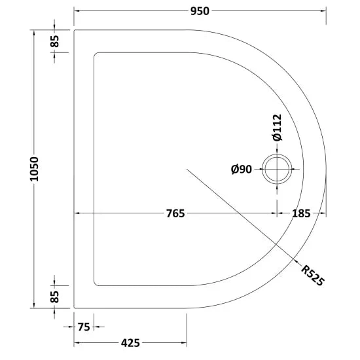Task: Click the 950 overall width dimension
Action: pos(200,11)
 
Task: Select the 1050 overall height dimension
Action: pos(34,169)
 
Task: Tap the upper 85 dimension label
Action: pos(54,41)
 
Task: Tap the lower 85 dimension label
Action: pos(54,297)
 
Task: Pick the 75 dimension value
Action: pos(84,327)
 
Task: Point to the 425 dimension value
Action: pos(130,343)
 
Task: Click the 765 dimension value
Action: pos(175,213)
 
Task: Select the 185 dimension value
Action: pos(301,213)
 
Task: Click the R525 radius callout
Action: pos(313,276)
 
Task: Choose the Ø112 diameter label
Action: pos(277,127)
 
